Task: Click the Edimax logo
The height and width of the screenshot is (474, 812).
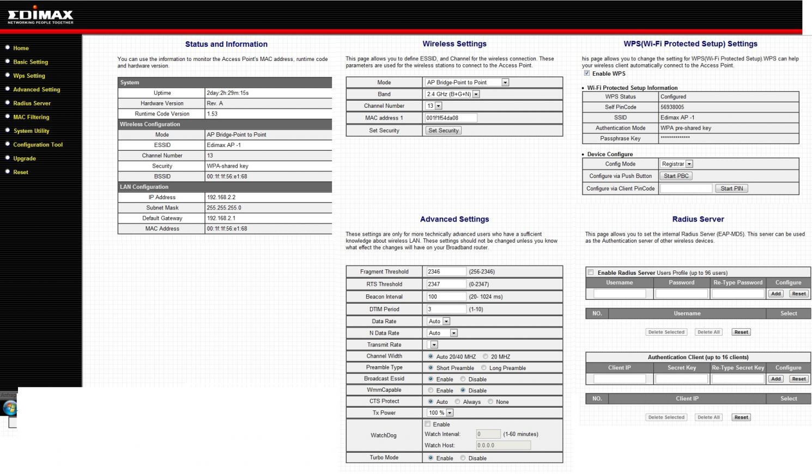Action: [40, 16]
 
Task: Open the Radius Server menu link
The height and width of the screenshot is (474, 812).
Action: [32, 103]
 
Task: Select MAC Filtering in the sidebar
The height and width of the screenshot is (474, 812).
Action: [31, 117]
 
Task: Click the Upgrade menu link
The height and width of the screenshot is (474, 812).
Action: [25, 158]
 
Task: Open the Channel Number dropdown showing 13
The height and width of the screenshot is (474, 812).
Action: [434, 106]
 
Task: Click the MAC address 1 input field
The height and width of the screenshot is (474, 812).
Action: [451, 118]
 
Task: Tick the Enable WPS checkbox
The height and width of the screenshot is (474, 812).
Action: [587, 73]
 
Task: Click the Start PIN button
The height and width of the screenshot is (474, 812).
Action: [731, 189]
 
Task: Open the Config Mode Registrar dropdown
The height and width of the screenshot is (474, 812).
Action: [676, 164]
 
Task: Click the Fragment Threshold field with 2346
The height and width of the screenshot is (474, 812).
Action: [446, 272]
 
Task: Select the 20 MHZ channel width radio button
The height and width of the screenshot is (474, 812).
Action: [486, 356]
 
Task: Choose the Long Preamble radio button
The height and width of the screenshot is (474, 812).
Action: [484, 368]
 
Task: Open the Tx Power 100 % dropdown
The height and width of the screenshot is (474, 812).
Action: [440, 413]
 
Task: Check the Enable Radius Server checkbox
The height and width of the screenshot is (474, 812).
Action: [590, 272]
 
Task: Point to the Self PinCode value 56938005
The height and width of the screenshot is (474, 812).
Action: [672, 107]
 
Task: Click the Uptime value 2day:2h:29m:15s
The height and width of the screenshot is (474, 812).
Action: [228, 93]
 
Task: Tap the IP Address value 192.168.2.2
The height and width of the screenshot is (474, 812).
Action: [221, 198]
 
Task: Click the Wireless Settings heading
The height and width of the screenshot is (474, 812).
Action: [455, 44]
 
